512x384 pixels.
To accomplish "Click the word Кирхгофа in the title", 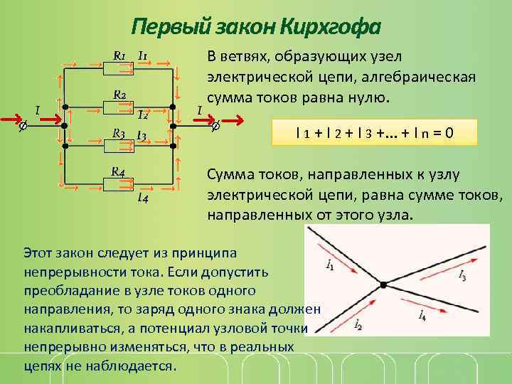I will click(x=331, y=27).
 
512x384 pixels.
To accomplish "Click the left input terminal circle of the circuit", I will click(x=22, y=125).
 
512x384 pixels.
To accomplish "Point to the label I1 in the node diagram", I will click(x=330, y=265).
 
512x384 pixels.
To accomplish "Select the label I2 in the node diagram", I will click(x=358, y=326).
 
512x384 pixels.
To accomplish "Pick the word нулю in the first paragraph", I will click(x=370, y=97).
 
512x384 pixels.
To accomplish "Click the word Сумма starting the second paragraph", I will click(x=226, y=175).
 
